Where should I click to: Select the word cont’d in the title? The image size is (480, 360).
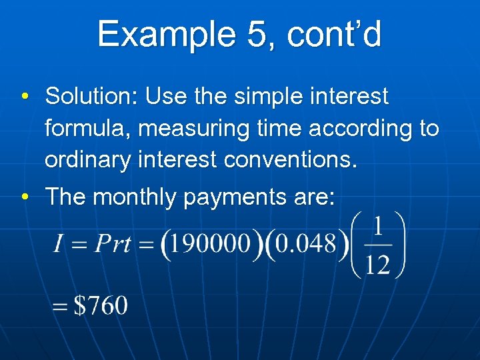pyautogui.click(x=334, y=34)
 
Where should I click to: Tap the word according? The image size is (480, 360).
pyautogui.click(x=353, y=128)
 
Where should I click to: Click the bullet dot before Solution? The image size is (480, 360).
pyautogui.click(x=23, y=98)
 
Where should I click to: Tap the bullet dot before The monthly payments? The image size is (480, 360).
pyautogui.click(x=23, y=198)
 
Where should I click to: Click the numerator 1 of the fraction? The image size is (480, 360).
pyautogui.click(x=377, y=227)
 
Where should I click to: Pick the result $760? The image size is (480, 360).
pyautogui.click(x=100, y=306)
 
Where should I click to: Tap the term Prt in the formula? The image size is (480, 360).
pyautogui.click(x=113, y=243)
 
